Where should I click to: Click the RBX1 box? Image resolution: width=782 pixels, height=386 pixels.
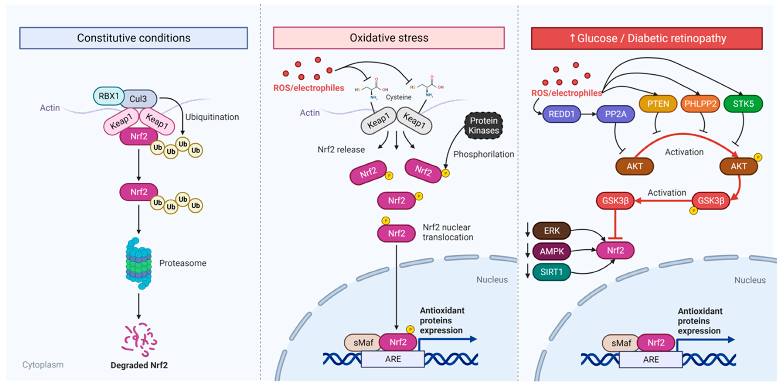coord(108,96)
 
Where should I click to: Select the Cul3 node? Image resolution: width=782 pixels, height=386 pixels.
coord(138,99)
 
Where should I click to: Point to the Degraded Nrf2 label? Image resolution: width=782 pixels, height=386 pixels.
coord(139,365)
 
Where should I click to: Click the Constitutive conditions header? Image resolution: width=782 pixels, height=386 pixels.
coord(134,38)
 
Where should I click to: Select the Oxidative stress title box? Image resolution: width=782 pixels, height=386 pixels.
coord(389,38)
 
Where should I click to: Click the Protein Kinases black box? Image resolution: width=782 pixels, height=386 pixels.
coord(484,125)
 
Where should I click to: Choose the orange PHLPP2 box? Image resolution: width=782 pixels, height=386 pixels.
coord(700,104)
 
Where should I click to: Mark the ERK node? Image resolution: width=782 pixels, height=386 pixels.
coord(552,231)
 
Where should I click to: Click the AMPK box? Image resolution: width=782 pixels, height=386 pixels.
coord(552,251)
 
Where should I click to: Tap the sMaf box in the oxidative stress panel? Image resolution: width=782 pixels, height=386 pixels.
coord(363,343)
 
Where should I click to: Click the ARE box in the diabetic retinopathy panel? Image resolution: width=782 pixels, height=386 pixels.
coord(651,360)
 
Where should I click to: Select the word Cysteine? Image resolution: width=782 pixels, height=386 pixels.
coord(398,97)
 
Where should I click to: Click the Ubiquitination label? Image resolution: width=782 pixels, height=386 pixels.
coord(212,117)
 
